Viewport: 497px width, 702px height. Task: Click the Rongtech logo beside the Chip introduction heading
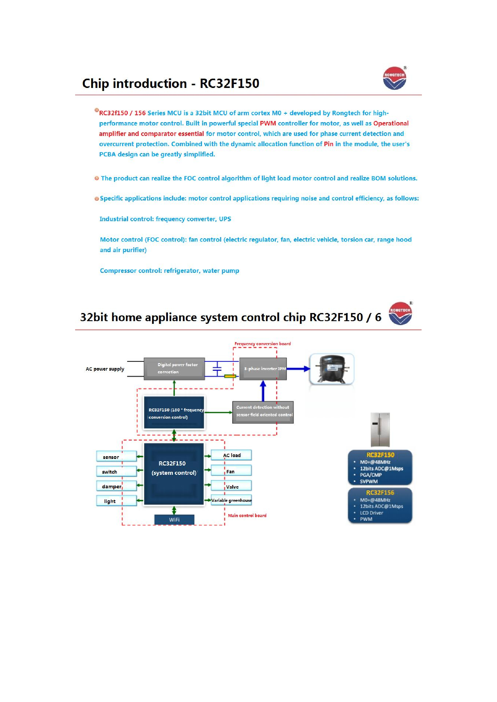point(395,78)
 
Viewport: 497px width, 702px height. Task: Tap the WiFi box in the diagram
point(174,520)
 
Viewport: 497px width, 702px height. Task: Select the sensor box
point(117,456)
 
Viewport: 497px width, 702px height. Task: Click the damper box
point(117,486)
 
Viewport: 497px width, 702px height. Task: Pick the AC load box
point(231,455)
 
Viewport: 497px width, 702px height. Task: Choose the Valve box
point(231,486)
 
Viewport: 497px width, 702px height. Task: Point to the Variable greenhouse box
point(231,500)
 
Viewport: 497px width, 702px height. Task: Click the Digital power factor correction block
point(174,369)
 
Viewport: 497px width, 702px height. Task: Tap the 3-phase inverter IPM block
point(263,369)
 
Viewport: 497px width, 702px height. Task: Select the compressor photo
point(332,369)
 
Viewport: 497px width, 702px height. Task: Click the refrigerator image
point(380,429)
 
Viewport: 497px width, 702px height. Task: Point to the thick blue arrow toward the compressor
point(298,369)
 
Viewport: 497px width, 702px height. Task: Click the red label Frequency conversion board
point(263,344)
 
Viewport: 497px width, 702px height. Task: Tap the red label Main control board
point(247,516)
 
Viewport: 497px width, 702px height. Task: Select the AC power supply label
point(105,369)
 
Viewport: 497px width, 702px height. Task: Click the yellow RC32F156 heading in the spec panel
point(380,493)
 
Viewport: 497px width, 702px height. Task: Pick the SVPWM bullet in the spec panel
point(368,481)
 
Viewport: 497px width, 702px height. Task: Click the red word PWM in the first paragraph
point(268,123)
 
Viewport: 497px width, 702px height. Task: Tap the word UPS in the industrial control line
point(225,219)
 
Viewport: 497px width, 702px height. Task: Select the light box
point(117,501)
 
